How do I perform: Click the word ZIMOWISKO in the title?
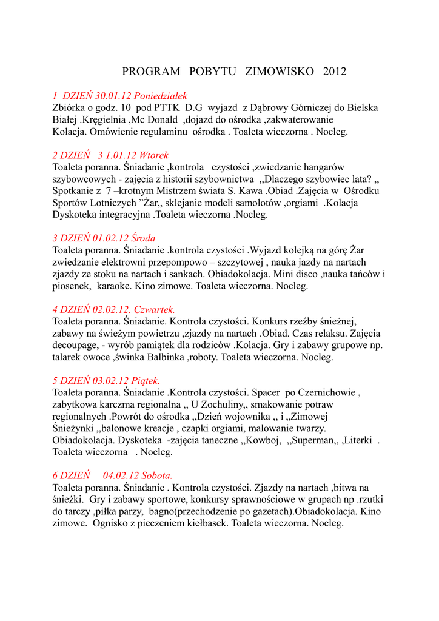[280, 72]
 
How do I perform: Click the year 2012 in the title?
[335, 72]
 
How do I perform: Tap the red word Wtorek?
[153, 155]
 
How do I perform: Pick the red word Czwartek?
[154, 309]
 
